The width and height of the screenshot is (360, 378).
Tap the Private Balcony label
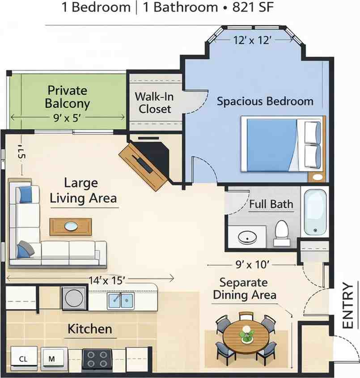[68, 97]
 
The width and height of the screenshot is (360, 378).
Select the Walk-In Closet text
[154, 102]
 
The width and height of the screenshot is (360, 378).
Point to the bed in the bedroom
[282, 144]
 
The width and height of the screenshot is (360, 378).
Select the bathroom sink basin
[247, 237]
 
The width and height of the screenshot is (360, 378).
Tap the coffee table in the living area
[70, 226]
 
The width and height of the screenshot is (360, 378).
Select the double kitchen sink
[120, 300]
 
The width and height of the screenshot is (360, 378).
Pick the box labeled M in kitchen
[52, 358]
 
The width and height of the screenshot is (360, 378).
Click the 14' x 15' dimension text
[106, 280]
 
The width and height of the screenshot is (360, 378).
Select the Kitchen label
[89, 329]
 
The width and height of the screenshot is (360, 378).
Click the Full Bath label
[271, 204]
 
